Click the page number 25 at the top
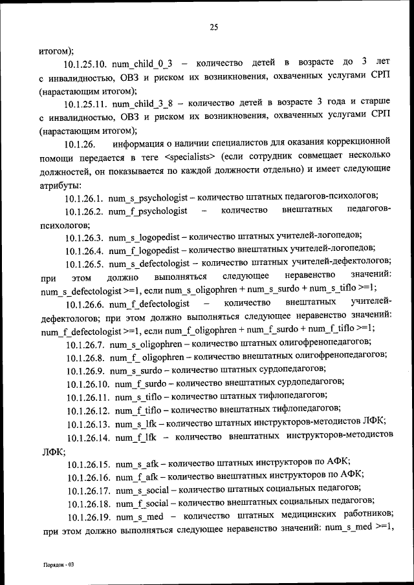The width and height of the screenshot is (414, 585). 214,27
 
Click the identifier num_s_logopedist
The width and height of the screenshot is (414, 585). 145,237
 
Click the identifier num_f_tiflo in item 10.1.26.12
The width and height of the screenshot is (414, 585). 136,409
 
